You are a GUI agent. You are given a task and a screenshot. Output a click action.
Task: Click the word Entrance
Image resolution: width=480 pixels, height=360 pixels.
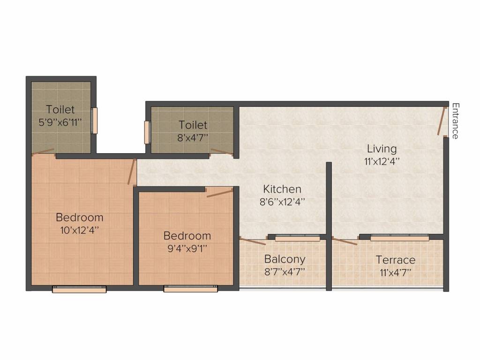[x=454, y=120]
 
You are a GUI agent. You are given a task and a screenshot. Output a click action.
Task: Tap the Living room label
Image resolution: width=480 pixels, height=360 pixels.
[x=382, y=149]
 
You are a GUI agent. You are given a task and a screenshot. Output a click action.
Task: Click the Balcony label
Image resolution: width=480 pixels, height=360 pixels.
[x=285, y=259]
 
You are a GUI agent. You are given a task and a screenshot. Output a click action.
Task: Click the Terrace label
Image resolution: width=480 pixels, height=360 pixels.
[x=396, y=260]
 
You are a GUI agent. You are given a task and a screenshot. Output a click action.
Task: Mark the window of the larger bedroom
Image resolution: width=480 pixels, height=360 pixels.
[x=79, y=289]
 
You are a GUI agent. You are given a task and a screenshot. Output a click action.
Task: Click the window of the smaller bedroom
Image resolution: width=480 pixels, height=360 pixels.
[x=190, y=289]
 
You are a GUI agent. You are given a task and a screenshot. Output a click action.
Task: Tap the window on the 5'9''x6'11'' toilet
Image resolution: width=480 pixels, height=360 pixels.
[x=94, y=121]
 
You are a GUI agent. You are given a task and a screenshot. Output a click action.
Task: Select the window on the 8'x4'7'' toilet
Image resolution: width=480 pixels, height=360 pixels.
[x=147, y=132]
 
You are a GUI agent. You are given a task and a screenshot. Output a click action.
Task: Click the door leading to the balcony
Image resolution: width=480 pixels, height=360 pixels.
[x=252, y=241]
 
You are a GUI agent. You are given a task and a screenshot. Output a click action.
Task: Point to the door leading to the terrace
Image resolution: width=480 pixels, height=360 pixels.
[x=345, y=241]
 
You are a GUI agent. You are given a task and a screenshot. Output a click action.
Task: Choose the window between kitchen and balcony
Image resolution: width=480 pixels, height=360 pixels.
[x=297, y=238]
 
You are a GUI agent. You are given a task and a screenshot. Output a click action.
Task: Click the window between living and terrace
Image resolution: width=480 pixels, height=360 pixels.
[x=399, y=238]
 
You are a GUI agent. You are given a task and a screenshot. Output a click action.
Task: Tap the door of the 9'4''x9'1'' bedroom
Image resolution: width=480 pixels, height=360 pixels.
[x=219, y=193]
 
